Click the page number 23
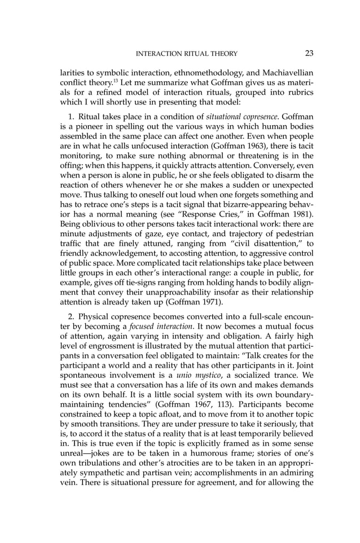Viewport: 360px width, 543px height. click(309, 54)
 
